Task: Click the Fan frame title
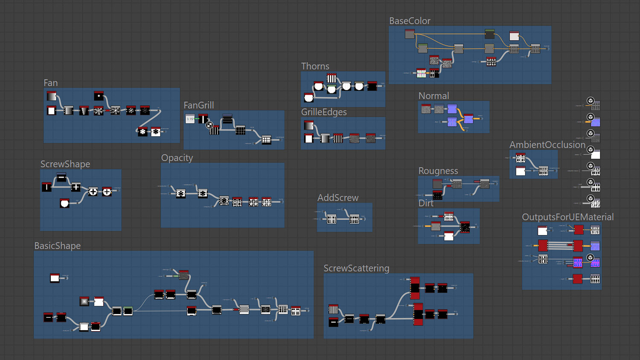coord(50,83)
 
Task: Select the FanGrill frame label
coord(198,105)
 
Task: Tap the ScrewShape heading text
coord(65,164)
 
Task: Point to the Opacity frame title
coord(177,158)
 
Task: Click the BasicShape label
coord(57,246)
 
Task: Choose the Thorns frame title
coord(315,66)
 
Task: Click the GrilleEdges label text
coord(323,112)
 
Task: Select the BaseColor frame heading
coord(409,21)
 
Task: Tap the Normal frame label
coord(433,96)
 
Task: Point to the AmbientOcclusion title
coord(547,145)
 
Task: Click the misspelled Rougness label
coord(438,171)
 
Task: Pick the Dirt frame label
coord(425,203)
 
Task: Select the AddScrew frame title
coord(337,198)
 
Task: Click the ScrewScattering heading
coord(356,268)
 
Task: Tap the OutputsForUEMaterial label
coord(567,217)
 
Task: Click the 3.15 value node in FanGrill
coord(190,119)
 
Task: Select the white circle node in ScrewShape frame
coord(64,203)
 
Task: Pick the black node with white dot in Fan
coord(99,96)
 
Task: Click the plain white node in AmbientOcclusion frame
coord(520,171)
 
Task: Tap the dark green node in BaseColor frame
coord(489,34)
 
